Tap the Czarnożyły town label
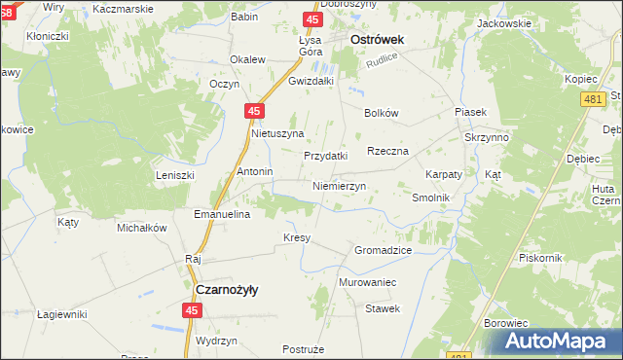[227, 289]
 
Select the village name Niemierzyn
[339, 185]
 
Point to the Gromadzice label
[383, 250]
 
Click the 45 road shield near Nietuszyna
[253, 112]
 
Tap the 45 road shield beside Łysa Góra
[311, 19]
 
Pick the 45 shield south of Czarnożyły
[192, 310]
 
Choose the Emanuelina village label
[223, 213]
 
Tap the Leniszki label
[176, 175]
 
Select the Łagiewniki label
[62, 314]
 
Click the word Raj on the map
[192, 259]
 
